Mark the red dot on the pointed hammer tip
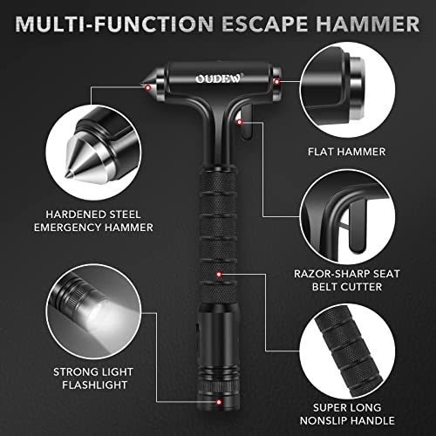[x=148, y=86]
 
